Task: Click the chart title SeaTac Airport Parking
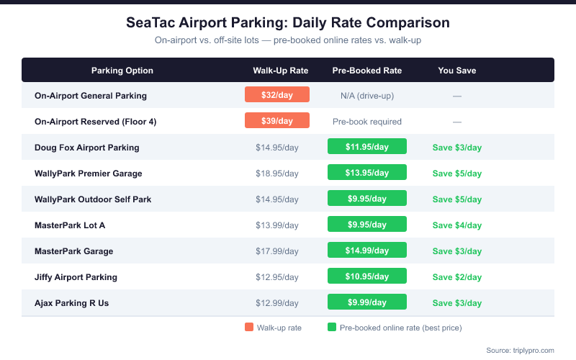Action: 288,22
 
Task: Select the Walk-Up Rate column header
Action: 280,71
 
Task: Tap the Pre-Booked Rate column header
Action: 367,71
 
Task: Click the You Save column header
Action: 456,71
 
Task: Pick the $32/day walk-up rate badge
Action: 277,95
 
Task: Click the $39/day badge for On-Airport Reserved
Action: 277,121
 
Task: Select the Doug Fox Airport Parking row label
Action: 86,148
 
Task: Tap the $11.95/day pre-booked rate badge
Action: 367,147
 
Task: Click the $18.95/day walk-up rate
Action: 277,174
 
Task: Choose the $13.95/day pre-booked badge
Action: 367,173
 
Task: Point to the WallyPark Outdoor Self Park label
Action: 93,199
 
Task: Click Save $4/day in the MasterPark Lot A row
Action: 456,225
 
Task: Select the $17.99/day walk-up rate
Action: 277,251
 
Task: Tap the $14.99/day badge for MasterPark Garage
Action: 367,251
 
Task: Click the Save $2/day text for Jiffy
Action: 456,277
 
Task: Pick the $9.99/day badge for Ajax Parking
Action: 367,302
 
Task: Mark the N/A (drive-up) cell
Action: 367,96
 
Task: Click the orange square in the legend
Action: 249,328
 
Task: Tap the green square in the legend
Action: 332,328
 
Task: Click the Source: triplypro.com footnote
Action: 520,350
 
